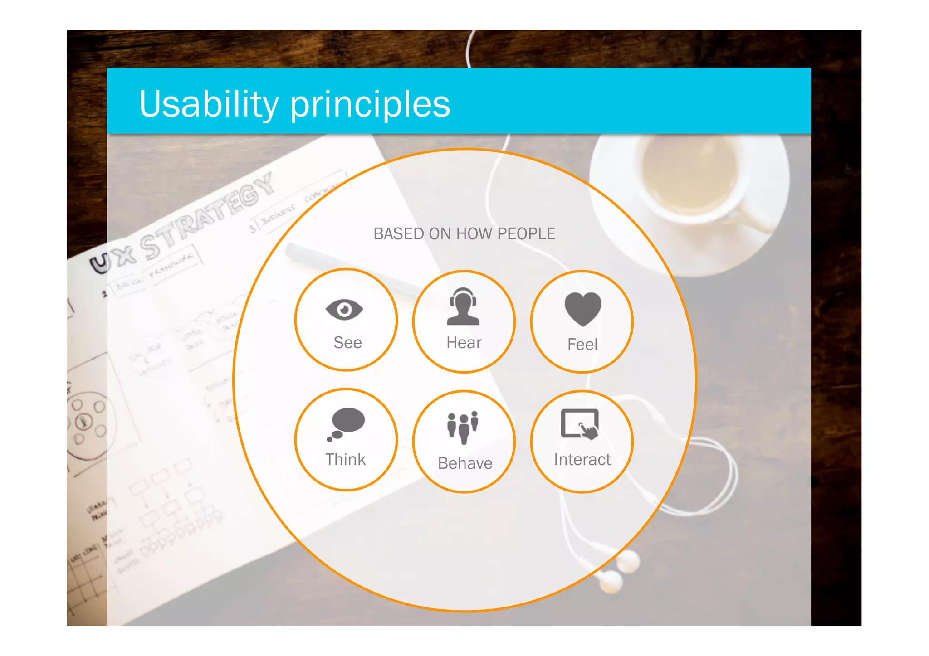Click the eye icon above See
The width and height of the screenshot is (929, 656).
pos(344,310)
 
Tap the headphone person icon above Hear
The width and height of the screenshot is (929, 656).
pos(463,307)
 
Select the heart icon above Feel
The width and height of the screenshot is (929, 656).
pos(583,309)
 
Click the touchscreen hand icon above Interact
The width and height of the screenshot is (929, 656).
pos(581,424)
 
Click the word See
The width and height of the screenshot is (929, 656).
pos(347,343)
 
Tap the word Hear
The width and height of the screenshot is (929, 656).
pos(464,343)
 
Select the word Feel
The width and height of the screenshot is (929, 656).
pos(582,345)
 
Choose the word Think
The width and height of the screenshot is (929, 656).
pos(345,460)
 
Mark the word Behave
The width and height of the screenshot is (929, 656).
pos(465,463)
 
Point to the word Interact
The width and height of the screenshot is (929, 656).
pos(582,460)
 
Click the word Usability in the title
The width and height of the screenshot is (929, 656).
pos(209,104)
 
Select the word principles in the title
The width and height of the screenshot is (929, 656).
pos(370,105)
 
